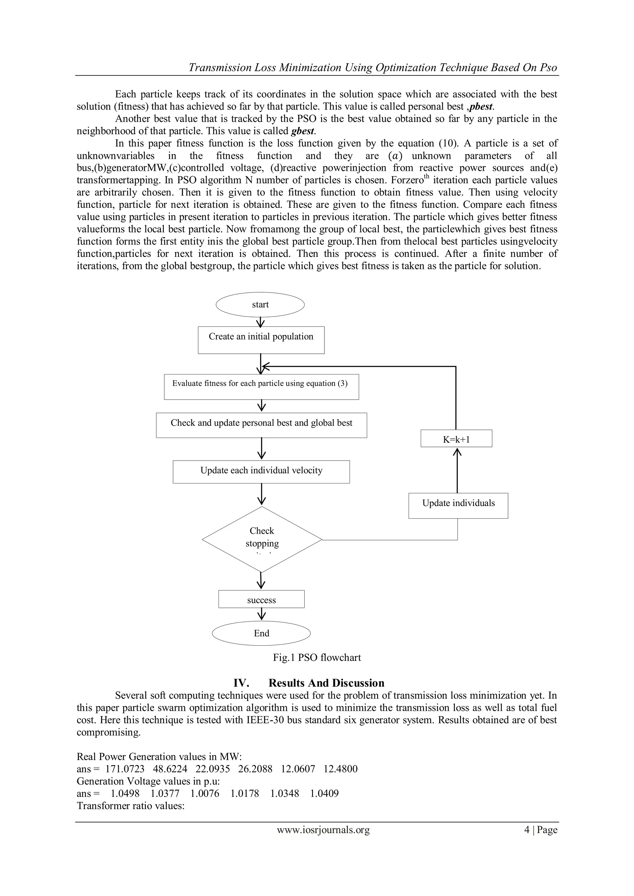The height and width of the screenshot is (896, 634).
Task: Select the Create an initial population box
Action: click(261, 340)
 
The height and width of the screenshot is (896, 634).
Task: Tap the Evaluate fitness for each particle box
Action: click(261, 387)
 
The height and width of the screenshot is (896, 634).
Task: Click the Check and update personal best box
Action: click(261, 425)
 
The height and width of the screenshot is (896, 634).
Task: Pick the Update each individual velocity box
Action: click(261, 471)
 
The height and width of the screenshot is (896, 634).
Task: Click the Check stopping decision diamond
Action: click(262, 539)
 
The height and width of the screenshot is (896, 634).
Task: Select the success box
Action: click(261, 600)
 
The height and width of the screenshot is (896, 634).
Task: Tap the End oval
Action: click(261, 633)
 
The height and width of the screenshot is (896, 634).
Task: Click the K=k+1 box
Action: click(456, 439)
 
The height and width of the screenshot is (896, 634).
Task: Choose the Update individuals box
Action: click(458, 505)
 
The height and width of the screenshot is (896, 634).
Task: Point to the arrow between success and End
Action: click(261, 615)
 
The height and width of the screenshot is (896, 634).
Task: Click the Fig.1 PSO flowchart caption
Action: click(317, 658)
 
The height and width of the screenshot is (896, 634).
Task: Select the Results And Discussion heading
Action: click(326, 683)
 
